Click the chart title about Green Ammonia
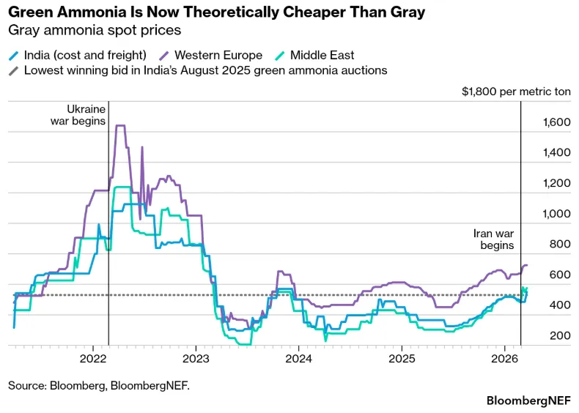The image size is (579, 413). pos(216,12)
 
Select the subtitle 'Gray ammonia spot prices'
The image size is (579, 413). pos(94,31)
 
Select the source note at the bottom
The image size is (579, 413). pos(99,384)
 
